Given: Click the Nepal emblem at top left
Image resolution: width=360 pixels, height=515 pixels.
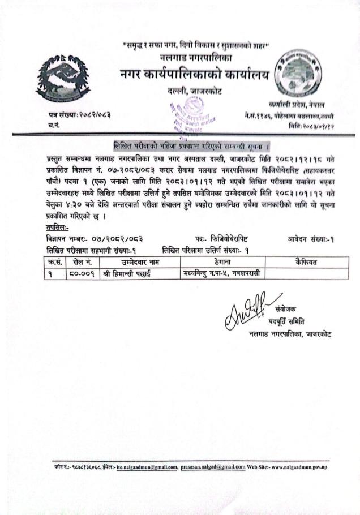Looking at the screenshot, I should coord(62,79).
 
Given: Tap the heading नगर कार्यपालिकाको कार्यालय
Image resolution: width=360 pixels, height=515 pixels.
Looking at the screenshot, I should coord(194,74).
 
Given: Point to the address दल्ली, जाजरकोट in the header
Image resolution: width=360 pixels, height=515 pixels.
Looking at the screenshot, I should coord(194,91).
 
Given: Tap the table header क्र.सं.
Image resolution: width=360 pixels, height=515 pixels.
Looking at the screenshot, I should coord(54,262).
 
